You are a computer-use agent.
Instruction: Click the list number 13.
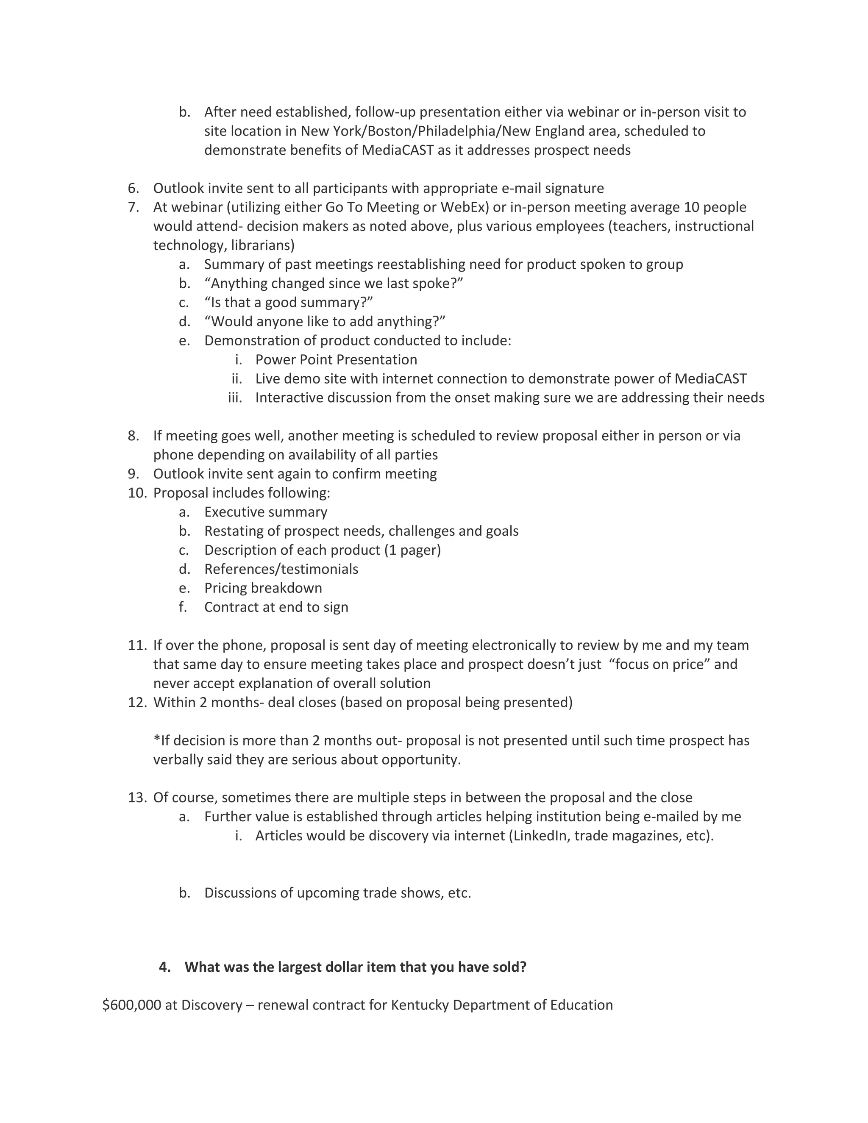(137, 798)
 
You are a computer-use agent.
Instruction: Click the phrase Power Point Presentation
(336, 359)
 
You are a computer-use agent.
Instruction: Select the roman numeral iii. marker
(235, 397)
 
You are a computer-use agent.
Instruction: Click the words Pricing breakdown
(263, 588)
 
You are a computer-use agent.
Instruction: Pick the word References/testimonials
(281, 569)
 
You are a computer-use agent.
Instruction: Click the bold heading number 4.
(164, 967)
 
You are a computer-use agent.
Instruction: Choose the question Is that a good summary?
(289, 302)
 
